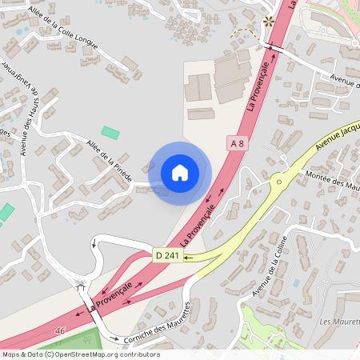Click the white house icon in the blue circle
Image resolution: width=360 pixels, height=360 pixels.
[180, 172]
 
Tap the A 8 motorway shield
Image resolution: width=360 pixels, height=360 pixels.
[237, 143]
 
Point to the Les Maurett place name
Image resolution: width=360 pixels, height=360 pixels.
[338, 322]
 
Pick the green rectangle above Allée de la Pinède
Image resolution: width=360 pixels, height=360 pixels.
[110, 132]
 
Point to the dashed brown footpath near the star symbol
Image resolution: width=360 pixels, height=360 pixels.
[242, 33]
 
